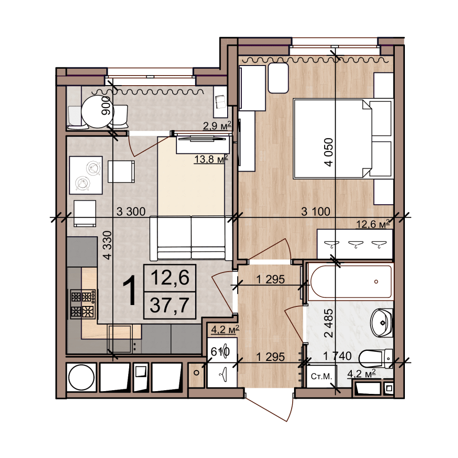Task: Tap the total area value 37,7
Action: [169, 305]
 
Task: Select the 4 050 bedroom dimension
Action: [329, 152]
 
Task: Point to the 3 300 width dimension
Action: [131, 212]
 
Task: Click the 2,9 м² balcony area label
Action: [217, 126]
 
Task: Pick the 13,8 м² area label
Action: [211, 159]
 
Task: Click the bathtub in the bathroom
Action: [351, 282]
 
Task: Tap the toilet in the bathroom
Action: [376, 359]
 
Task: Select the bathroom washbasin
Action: [382, 322]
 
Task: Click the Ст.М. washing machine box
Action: [322, 376]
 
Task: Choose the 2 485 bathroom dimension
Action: [329, 323]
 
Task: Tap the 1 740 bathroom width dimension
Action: [338, 356]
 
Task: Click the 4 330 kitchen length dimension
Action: [108, 245]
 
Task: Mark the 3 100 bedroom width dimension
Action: [316, 212]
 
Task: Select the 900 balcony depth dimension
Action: [106, 105]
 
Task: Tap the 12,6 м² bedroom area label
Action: [373, 224]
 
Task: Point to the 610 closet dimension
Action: [220, 352]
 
